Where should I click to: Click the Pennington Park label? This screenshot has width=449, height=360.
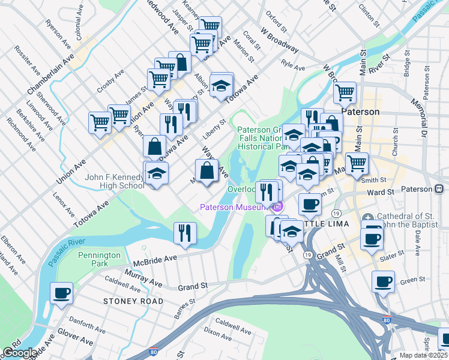100,259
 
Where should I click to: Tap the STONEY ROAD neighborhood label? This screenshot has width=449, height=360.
133,301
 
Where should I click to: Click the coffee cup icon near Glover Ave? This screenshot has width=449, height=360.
61,294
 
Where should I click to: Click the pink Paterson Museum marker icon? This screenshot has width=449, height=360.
277,208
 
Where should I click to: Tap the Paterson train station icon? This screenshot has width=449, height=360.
439,189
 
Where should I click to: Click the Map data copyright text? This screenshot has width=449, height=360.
423,355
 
